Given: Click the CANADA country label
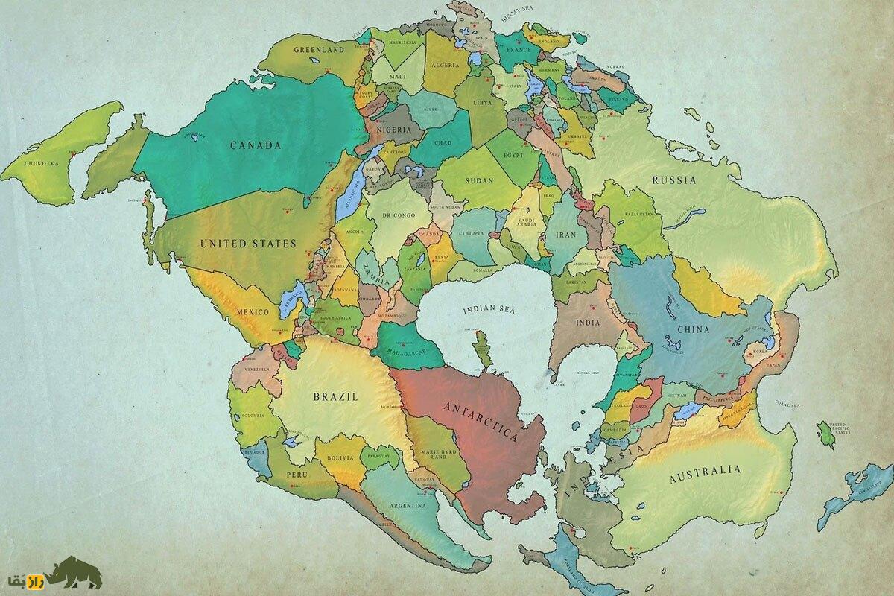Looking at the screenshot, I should pyautogui.click(x=256, y=145).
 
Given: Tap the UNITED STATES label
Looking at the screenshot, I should pyautogui.click(x=248, y=244).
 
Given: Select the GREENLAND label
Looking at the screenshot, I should pyautogui.click(x=318, y=50).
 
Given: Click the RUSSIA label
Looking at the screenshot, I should pyautogui.click(x=674, y=180).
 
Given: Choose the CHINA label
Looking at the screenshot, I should pyautogui.click(x=693, y=329).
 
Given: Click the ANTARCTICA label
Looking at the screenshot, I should pyautogui.click(x=481, y=422).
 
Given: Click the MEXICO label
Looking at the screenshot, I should pyautogui.click(x=252, y=311).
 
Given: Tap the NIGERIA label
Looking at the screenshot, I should pyautogui.click(x=394, y=130).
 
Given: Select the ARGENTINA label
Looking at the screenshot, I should pyautogui.click(x=407, y=506).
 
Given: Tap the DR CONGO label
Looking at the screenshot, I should pyautogui.click(x=397, y=215).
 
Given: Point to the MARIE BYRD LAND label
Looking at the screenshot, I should pyautogui.click(x=434, y=452).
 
